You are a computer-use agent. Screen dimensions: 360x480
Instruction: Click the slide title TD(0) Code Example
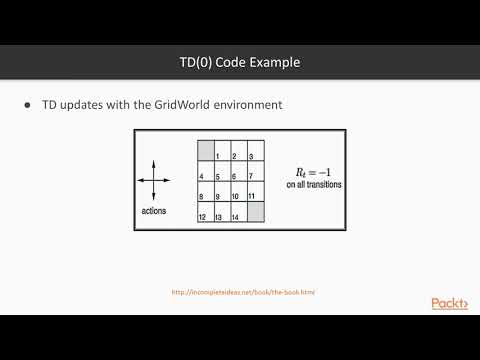(x=239, y=63)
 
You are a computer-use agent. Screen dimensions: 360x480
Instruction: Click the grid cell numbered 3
(x=255, y=151)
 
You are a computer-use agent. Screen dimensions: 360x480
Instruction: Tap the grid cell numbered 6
(x=238, y=172)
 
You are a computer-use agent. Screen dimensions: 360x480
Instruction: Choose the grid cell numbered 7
(x=255, y=172)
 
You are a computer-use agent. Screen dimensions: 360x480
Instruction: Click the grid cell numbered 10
(x=238, y=192)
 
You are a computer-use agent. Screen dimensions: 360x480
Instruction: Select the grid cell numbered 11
(x=255, y=192)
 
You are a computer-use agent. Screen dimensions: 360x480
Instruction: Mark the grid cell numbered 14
(x=238, y=212)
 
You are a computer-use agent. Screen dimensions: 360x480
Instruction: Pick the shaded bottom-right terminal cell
(x=255, y=212)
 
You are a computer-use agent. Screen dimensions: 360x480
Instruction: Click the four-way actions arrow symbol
(x=154, y=180)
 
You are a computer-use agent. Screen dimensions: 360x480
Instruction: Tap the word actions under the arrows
(x=154, y=212)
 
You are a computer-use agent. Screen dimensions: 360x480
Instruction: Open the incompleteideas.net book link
(x=240, y=293)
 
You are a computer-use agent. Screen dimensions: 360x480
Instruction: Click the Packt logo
(x=450, y=303)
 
